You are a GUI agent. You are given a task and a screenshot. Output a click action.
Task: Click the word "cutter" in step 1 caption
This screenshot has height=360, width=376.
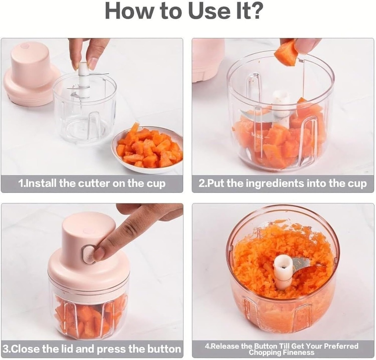(93, 183)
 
